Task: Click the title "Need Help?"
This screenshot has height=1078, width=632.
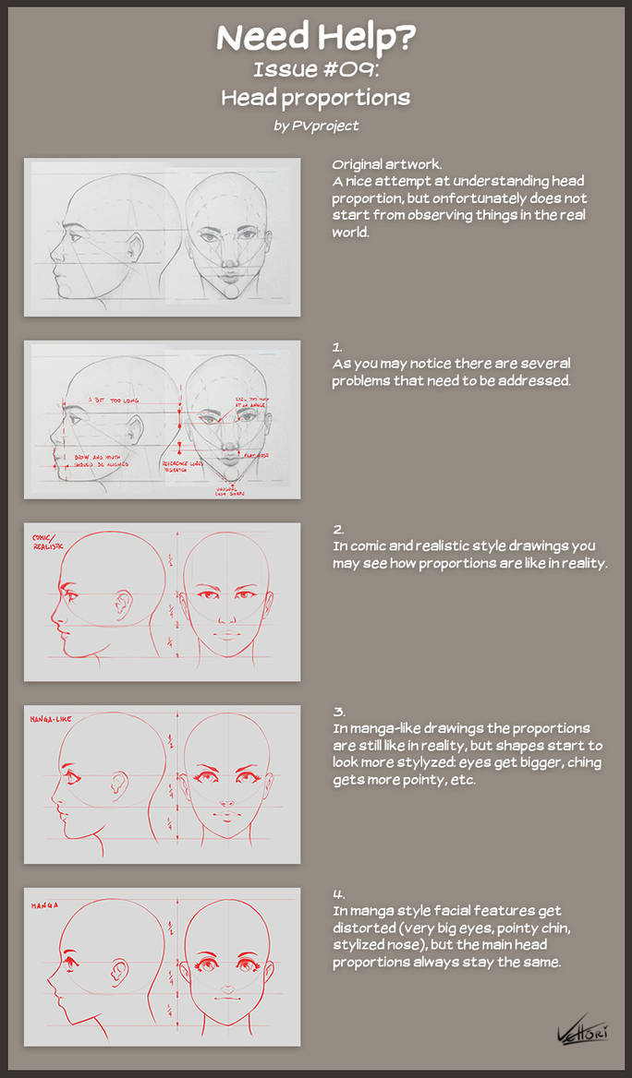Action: [x=315, y=38]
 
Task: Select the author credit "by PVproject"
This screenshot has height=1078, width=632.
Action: [x=316, y=126]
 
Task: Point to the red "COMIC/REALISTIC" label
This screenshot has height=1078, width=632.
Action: [x=48, y=541]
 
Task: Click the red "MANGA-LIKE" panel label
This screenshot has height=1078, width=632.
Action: [x=52, y=718]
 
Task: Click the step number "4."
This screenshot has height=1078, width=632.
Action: [x=338, y=894]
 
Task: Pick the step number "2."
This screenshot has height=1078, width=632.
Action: [x=338, y=530]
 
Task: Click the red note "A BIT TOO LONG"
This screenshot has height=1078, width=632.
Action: [x=108, y=400]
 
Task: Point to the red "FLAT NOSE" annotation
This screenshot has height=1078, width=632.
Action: [x=254, y=454]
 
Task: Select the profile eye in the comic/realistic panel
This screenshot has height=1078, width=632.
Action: [x=67, y=591]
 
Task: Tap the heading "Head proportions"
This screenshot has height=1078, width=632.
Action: [x=315, y=98]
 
